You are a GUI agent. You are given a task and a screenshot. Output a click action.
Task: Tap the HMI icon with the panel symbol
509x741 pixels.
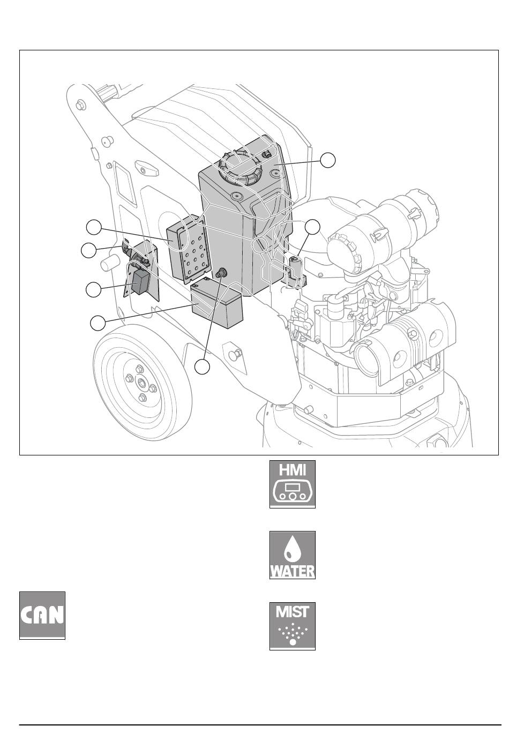(293, 484)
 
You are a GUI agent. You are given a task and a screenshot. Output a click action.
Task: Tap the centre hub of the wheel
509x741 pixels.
(141, 383)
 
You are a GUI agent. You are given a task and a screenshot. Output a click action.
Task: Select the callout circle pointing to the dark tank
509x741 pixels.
(328, 160)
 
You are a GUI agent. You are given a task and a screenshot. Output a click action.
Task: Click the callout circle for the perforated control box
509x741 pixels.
(94, 227)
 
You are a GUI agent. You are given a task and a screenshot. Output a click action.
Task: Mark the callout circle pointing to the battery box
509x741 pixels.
(98, 323)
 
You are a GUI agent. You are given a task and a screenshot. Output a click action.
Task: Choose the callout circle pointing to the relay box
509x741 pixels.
(94, 290)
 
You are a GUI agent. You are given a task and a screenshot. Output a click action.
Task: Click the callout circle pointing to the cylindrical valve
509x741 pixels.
(312, 228)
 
